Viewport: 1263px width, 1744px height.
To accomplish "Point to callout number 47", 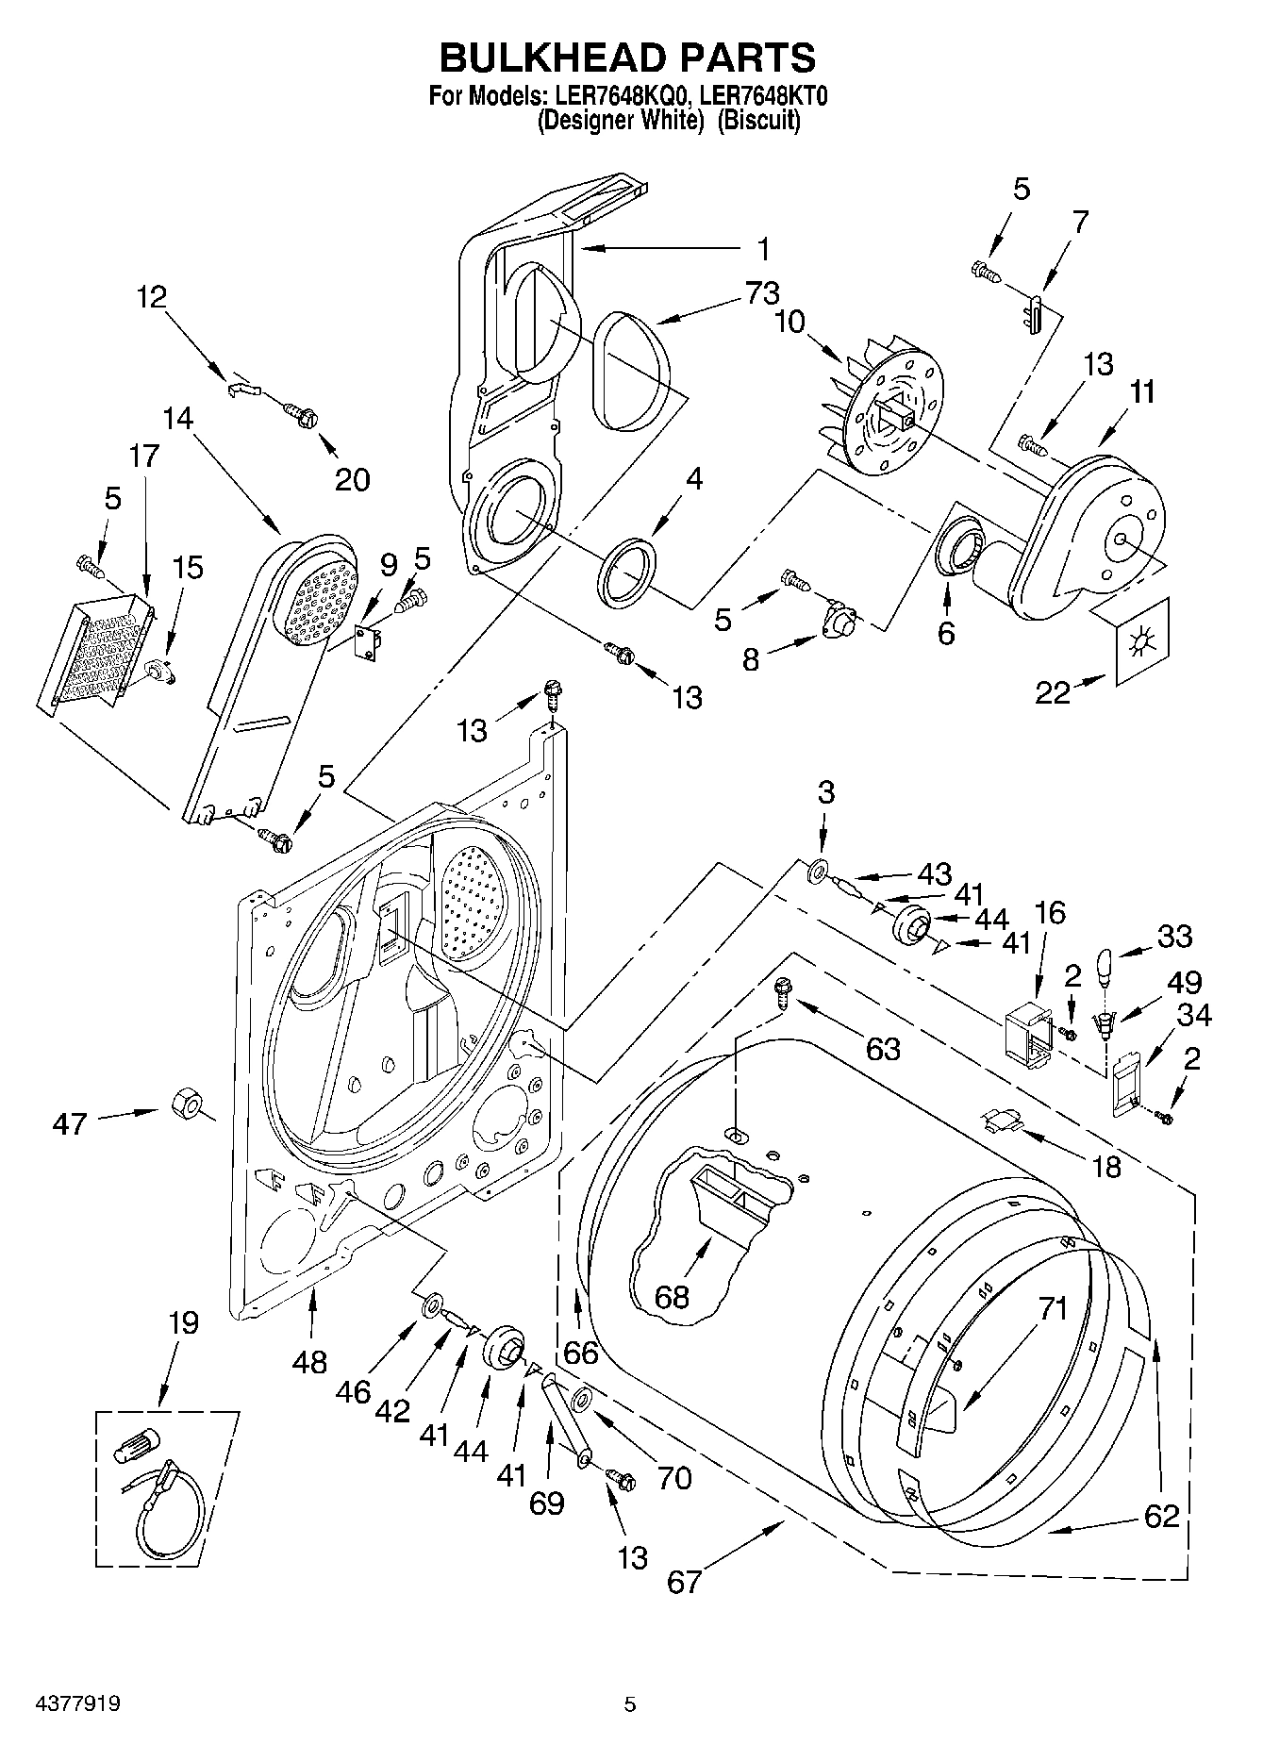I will click(71, 1123).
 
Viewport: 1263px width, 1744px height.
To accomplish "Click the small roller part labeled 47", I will click(188, 1103).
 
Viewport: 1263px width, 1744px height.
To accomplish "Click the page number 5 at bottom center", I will click(630, 1703).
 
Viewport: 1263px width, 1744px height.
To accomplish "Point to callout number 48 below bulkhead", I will click(309, 1361).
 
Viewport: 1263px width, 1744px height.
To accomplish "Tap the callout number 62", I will click(1161, 1515).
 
